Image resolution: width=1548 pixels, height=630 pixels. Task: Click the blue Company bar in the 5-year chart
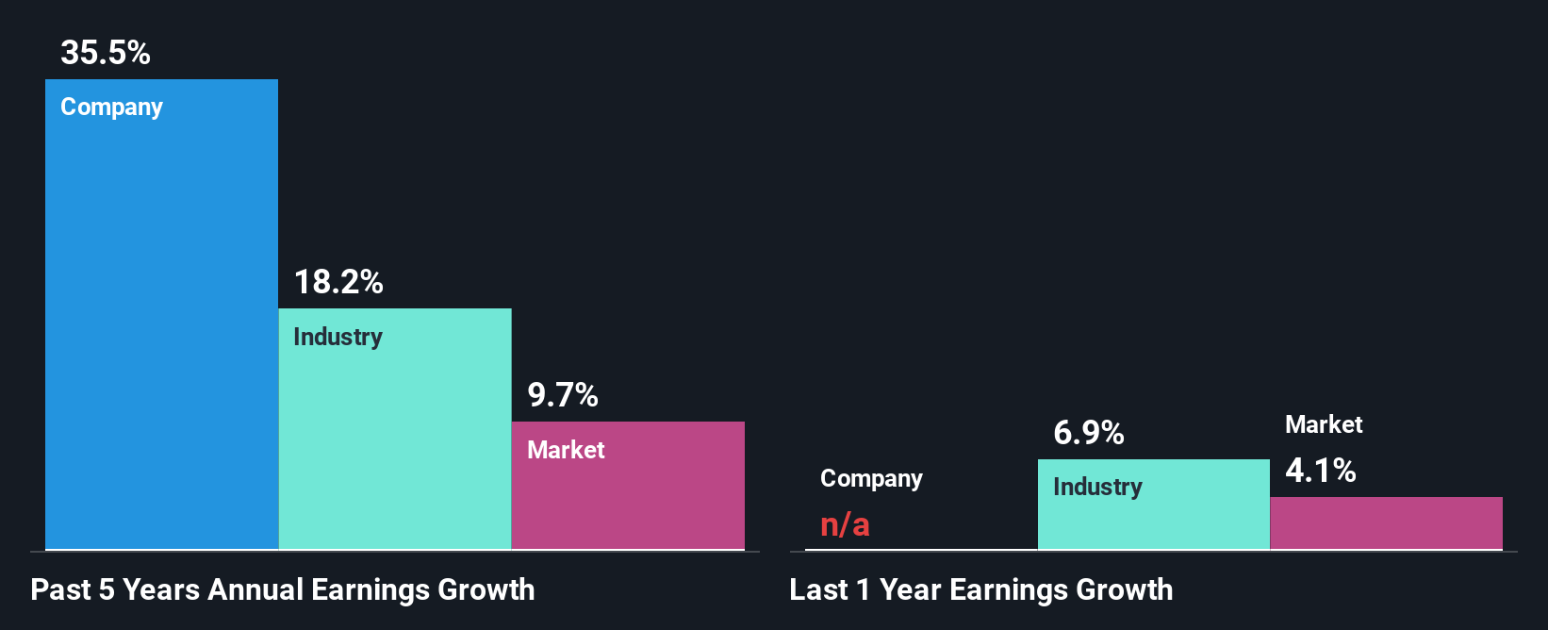[161, 330]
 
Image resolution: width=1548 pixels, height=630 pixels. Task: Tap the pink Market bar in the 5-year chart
[628, 500]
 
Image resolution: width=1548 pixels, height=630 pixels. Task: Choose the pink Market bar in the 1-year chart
[1386, 523]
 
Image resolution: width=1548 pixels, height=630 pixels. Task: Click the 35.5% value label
[106, 53]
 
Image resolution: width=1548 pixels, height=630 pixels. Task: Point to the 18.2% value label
[338, 282]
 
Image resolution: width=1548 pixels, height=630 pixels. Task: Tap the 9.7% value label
[563, 395]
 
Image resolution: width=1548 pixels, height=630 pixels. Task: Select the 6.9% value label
[1089, 433]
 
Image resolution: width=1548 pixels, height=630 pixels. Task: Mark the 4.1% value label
[1321, 471]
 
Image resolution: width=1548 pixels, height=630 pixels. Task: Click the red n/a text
[845, 524]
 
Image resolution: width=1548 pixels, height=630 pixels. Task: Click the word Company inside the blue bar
[111, 108]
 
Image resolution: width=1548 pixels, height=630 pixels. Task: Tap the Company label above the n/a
[871, 479]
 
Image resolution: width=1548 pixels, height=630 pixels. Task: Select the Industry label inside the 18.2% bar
[338, 337]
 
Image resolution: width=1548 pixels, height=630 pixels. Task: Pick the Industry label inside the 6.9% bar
[1097, 488]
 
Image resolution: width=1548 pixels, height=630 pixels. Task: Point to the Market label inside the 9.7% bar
[566, 450]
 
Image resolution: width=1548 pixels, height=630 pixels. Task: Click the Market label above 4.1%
[1324, 424]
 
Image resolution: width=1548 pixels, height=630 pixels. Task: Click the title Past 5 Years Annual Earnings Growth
[283, 590]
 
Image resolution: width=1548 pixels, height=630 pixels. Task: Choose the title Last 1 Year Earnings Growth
[981, 590]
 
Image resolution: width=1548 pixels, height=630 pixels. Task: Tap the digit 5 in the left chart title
[107, 590]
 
